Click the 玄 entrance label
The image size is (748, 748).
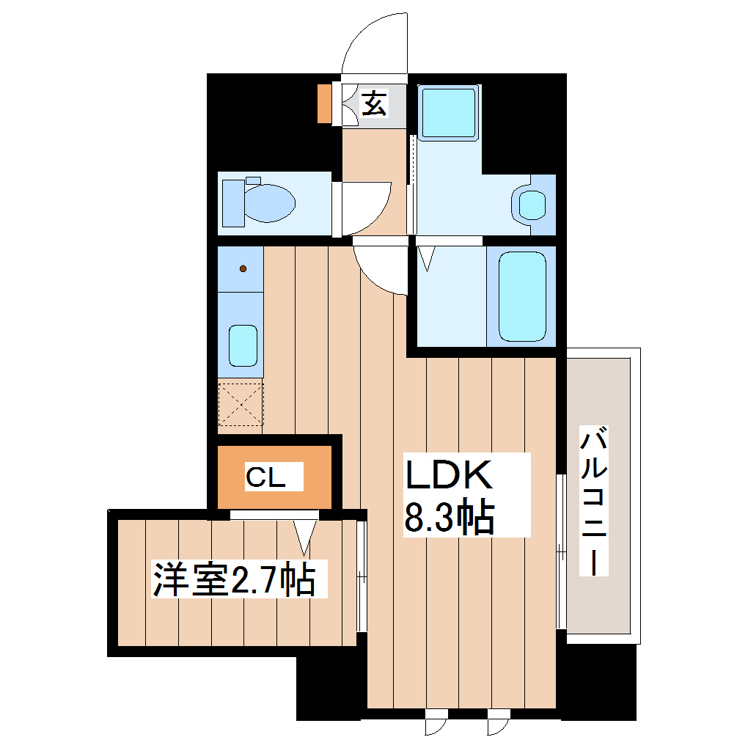(374, 103)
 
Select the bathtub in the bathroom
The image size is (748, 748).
(522, 296)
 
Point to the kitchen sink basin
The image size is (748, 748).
(243, 345)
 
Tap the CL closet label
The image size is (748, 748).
(265, 478)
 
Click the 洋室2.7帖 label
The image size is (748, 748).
(234, 580)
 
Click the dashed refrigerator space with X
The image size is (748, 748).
(241, 404)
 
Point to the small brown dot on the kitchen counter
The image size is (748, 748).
(243, 269)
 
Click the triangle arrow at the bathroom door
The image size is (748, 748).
(427, 258)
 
